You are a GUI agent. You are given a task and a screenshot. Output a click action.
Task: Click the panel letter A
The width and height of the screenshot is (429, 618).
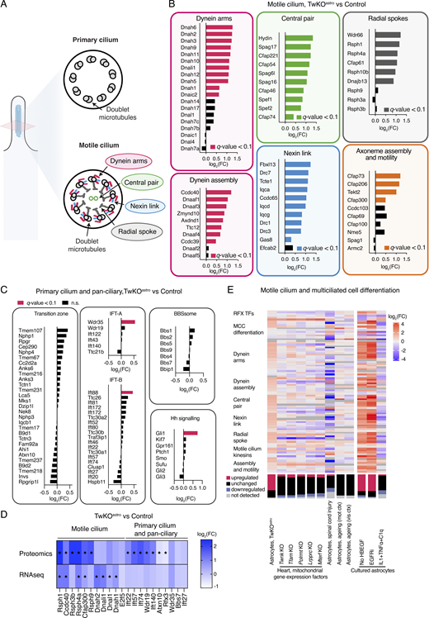(6, 6)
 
